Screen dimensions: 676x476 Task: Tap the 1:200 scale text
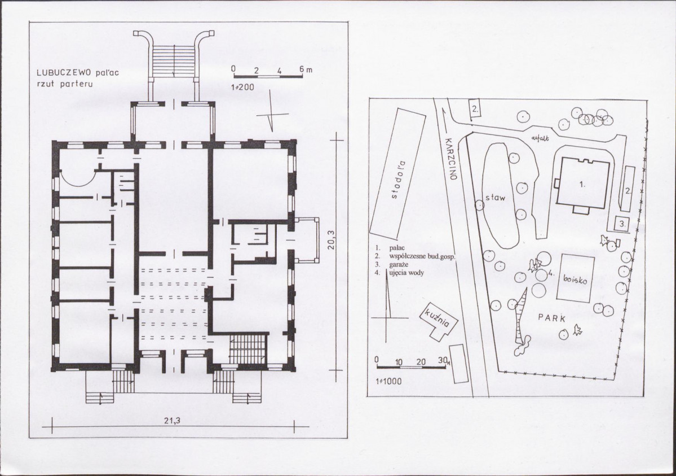click(242, 88)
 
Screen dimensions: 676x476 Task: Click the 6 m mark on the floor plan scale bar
click(305, 69)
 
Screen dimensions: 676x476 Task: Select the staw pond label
click(495, 198)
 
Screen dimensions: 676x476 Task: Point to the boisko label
click(575, 279)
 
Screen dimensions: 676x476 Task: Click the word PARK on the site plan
click(552, 318)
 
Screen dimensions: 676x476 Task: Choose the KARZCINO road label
click(450, 159)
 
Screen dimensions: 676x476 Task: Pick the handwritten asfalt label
click(540, 138)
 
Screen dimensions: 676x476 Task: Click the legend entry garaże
click(399, 264)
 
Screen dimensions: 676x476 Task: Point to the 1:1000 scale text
click(388, 381)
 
